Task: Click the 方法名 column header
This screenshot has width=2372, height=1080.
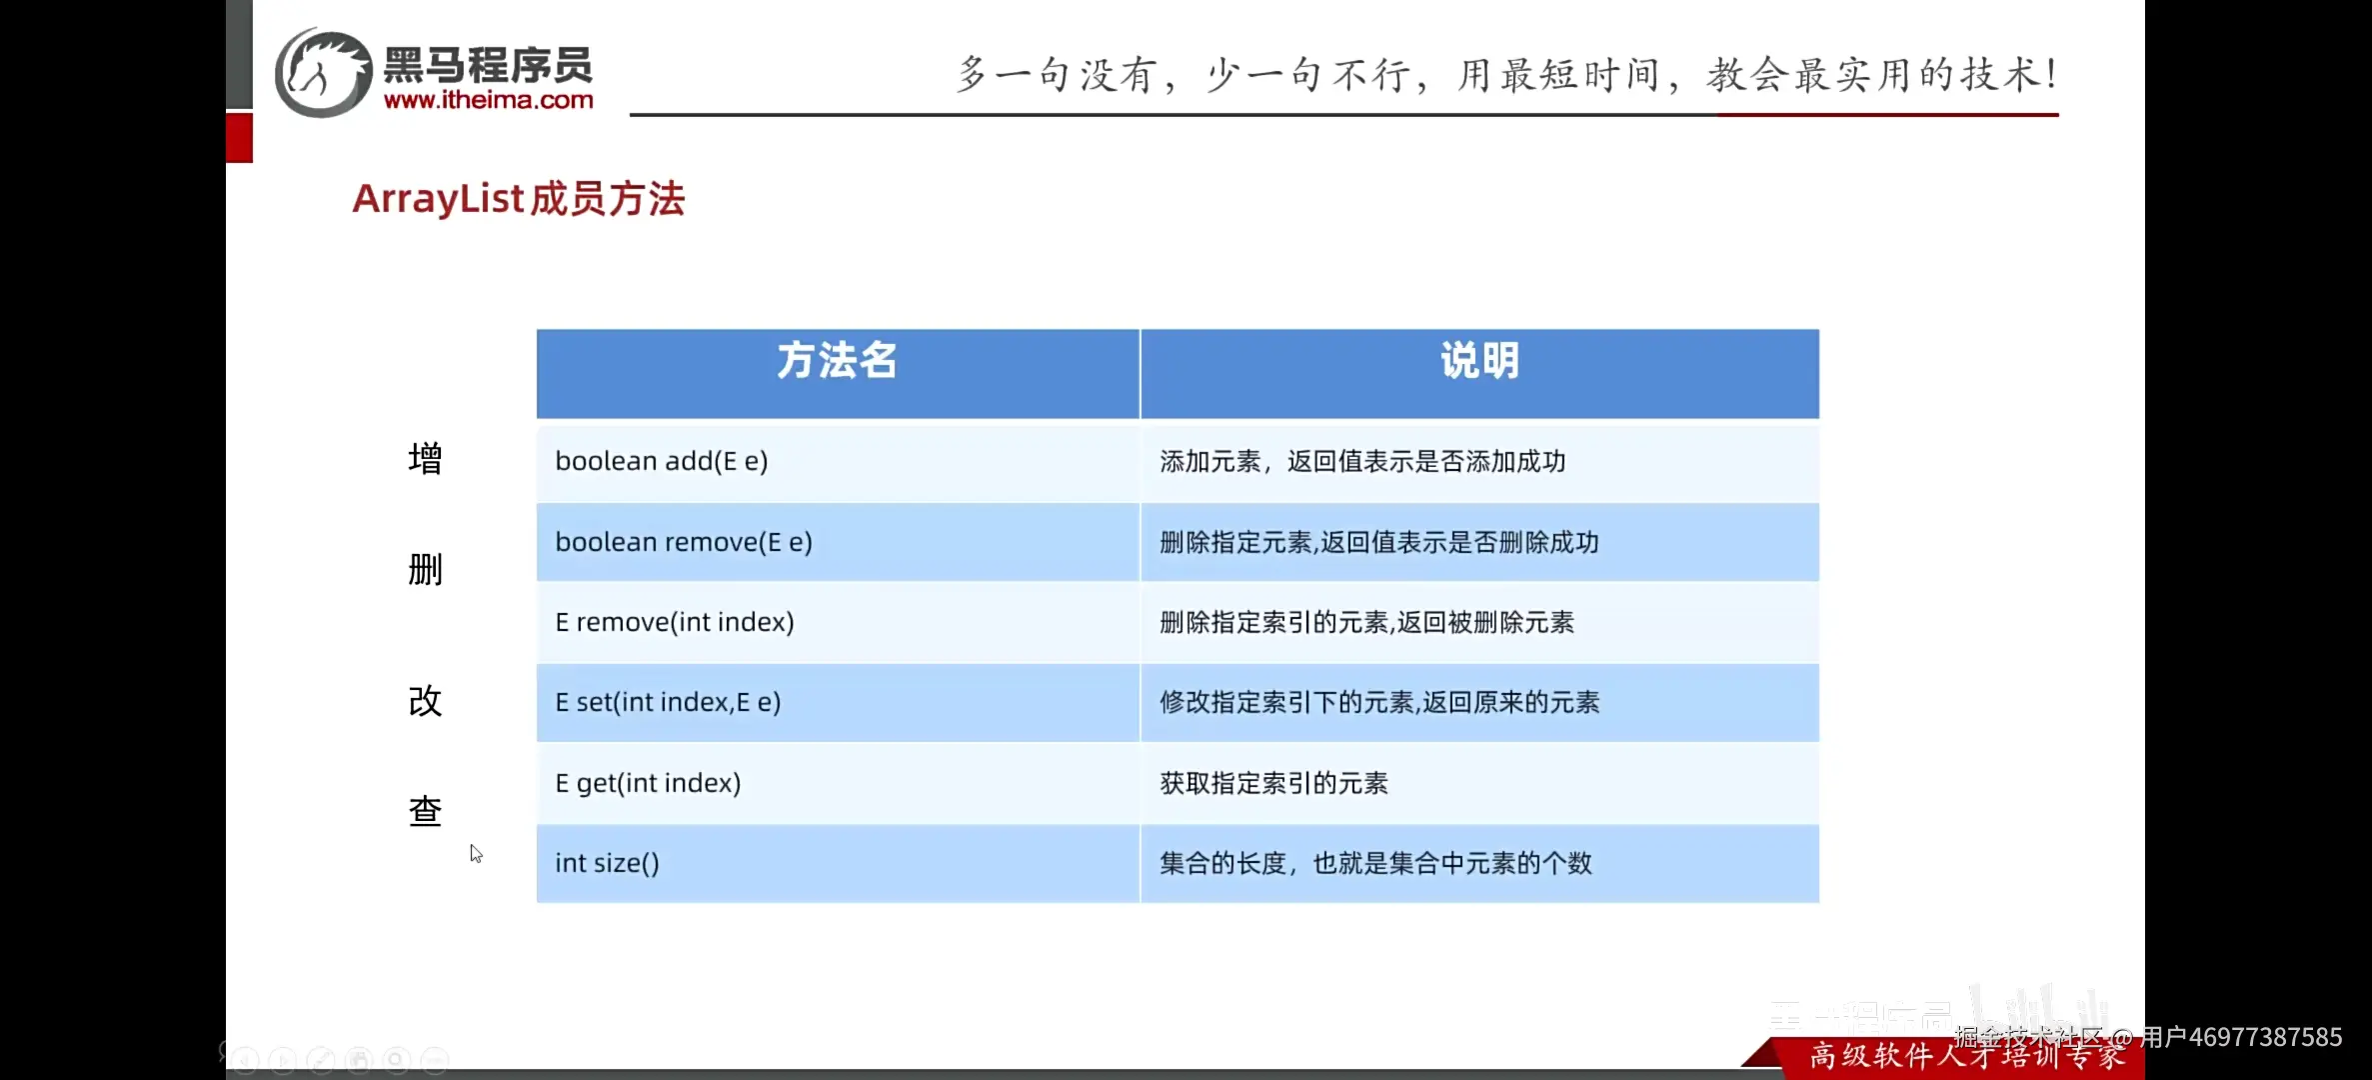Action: click(838, 362)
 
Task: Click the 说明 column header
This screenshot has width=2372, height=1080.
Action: click(1479, 362)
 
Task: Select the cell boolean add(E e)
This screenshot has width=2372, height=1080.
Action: click(662, 462)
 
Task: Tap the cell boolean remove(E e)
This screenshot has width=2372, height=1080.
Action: click(684, 543)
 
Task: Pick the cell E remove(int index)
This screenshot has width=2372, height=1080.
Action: click(675, 623)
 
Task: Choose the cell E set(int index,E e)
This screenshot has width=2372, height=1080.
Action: click(668, 703)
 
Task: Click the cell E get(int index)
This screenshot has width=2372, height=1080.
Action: click(648, 784)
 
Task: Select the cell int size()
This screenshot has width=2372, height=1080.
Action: click(607, 864)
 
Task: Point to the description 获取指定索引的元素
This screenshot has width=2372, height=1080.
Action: click(1273, 784)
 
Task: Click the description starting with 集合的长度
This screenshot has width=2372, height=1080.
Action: click(1375, 864)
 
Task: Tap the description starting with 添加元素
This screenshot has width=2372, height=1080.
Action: click(1362, 462)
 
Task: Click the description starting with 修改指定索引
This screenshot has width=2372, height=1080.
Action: click(1379, 703)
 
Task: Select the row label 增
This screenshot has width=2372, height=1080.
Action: click(425, 459)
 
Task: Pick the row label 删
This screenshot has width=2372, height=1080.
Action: click(425, 570)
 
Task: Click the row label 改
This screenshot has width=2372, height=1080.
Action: click(425, 701)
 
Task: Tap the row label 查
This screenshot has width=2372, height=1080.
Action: click(425, 811)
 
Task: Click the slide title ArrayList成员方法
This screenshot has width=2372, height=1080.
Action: click(519, 199)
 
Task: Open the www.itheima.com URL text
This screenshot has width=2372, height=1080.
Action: click(488, 100)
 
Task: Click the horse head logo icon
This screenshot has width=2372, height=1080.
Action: click(323, 72)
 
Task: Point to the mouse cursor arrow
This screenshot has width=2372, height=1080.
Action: click(476, 853)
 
